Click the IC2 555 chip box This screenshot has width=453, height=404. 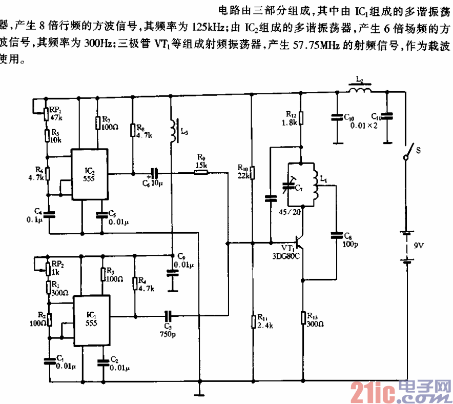89,174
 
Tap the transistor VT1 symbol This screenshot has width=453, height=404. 299,240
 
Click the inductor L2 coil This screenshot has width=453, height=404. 360,91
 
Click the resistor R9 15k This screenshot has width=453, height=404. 201,173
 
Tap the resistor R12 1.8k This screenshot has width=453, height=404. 301,119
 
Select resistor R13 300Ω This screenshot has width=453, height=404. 303,317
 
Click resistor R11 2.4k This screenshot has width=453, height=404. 253,321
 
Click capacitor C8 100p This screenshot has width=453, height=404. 337,235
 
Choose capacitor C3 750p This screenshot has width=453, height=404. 168,316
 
